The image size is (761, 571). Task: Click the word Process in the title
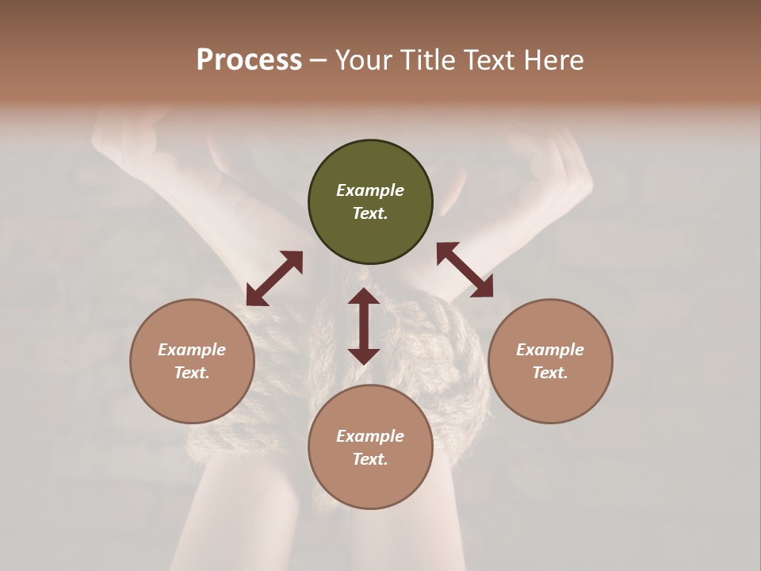pyautogui.click(x=249, y=60)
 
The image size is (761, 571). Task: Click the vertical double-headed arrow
pyautogui.click(x=364, y=326)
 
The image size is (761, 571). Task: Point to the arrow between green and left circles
pyautogui.click(x=274, y=278)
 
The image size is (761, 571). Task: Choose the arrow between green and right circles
pyautogui.click(x=465, y=270)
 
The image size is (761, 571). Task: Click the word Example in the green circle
pyautogui.click(x=370, y=190)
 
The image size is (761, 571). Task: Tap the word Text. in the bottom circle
pyautogui.click(x=370, y=459)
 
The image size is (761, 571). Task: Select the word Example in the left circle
pyautogui.click(x=192, y=350)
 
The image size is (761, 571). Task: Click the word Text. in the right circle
pyautogui.click(x=550, y=373)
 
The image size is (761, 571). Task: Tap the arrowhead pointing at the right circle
pyautogui.click(x=482, y=287)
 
